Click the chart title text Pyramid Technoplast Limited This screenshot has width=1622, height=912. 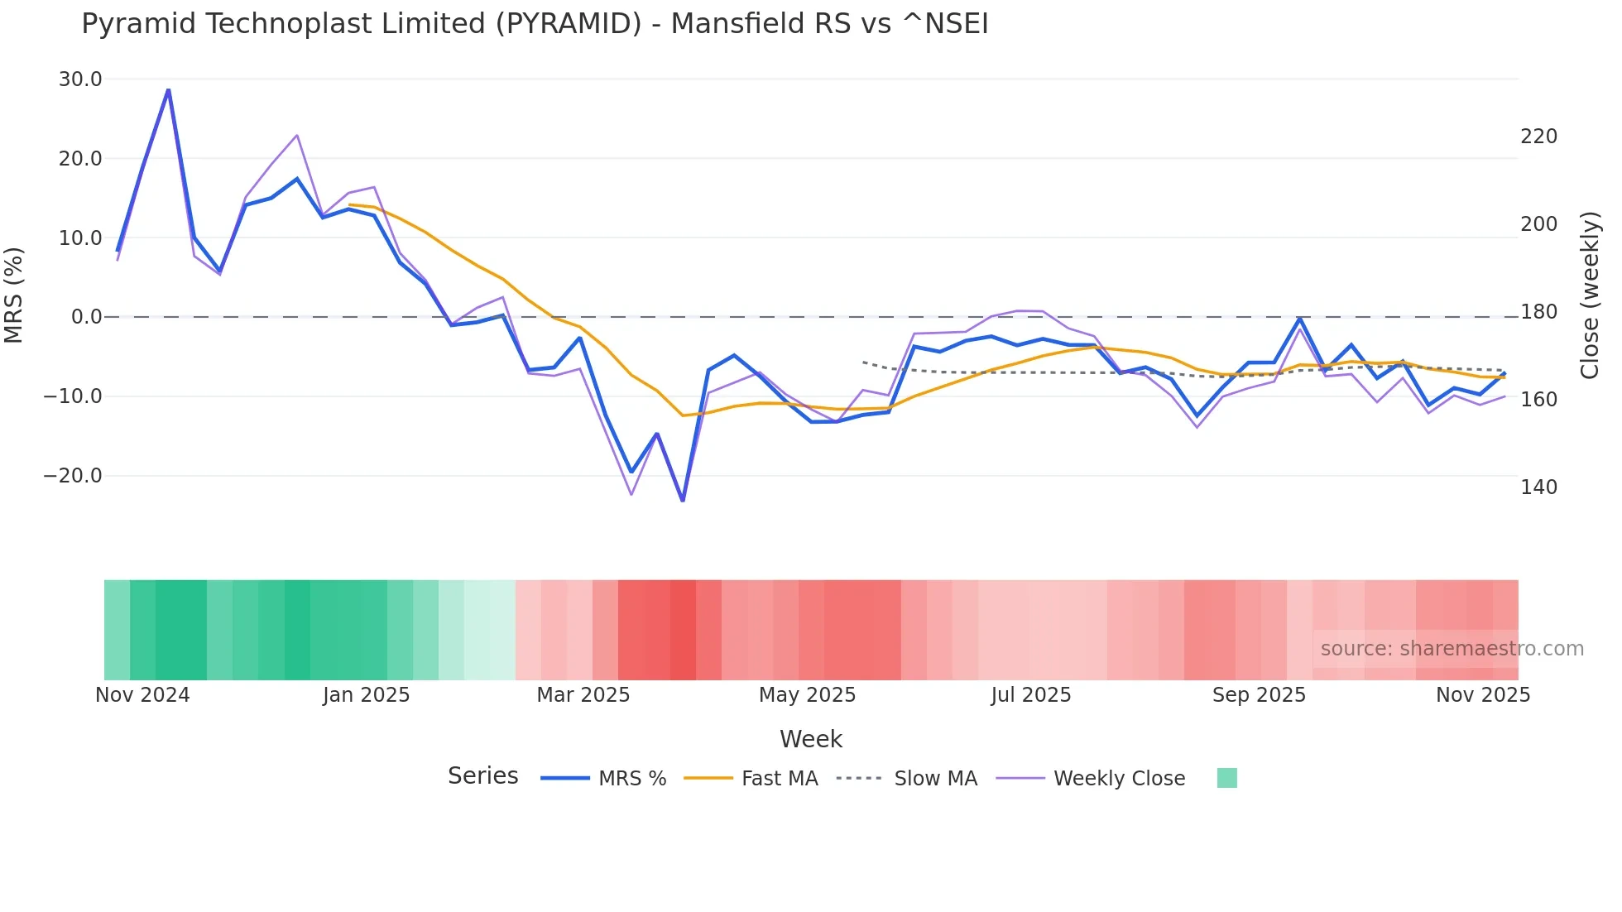click(x=534, y=24)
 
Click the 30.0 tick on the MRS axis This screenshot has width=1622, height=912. click(x=80, y=79)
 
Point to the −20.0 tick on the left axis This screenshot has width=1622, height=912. click(x=73, y=476)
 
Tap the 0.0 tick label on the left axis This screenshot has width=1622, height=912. click(x=86, y=317)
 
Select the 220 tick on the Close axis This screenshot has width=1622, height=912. click(x=1538, y=137)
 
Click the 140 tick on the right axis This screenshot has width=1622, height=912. click(x=1538, y=487)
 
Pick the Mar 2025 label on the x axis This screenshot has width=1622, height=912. click(x=583, y=695)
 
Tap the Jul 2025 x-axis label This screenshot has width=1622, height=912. click(x=1030, y=695)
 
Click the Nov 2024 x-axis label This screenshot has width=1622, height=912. click(x=142, y=695)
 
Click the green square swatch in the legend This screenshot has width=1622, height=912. click(x=1226, y=778)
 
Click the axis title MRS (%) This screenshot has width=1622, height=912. click(x=14, y=295)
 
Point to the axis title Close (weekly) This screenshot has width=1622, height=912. click(x=1589, y=295)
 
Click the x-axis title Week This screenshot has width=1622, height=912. click(x=810, y=739)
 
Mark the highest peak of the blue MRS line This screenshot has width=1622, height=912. click(x=169, y=89)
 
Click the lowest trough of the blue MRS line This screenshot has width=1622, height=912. click(x=683, y=500)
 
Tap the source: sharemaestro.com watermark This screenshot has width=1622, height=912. click(x=1452, y=649)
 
